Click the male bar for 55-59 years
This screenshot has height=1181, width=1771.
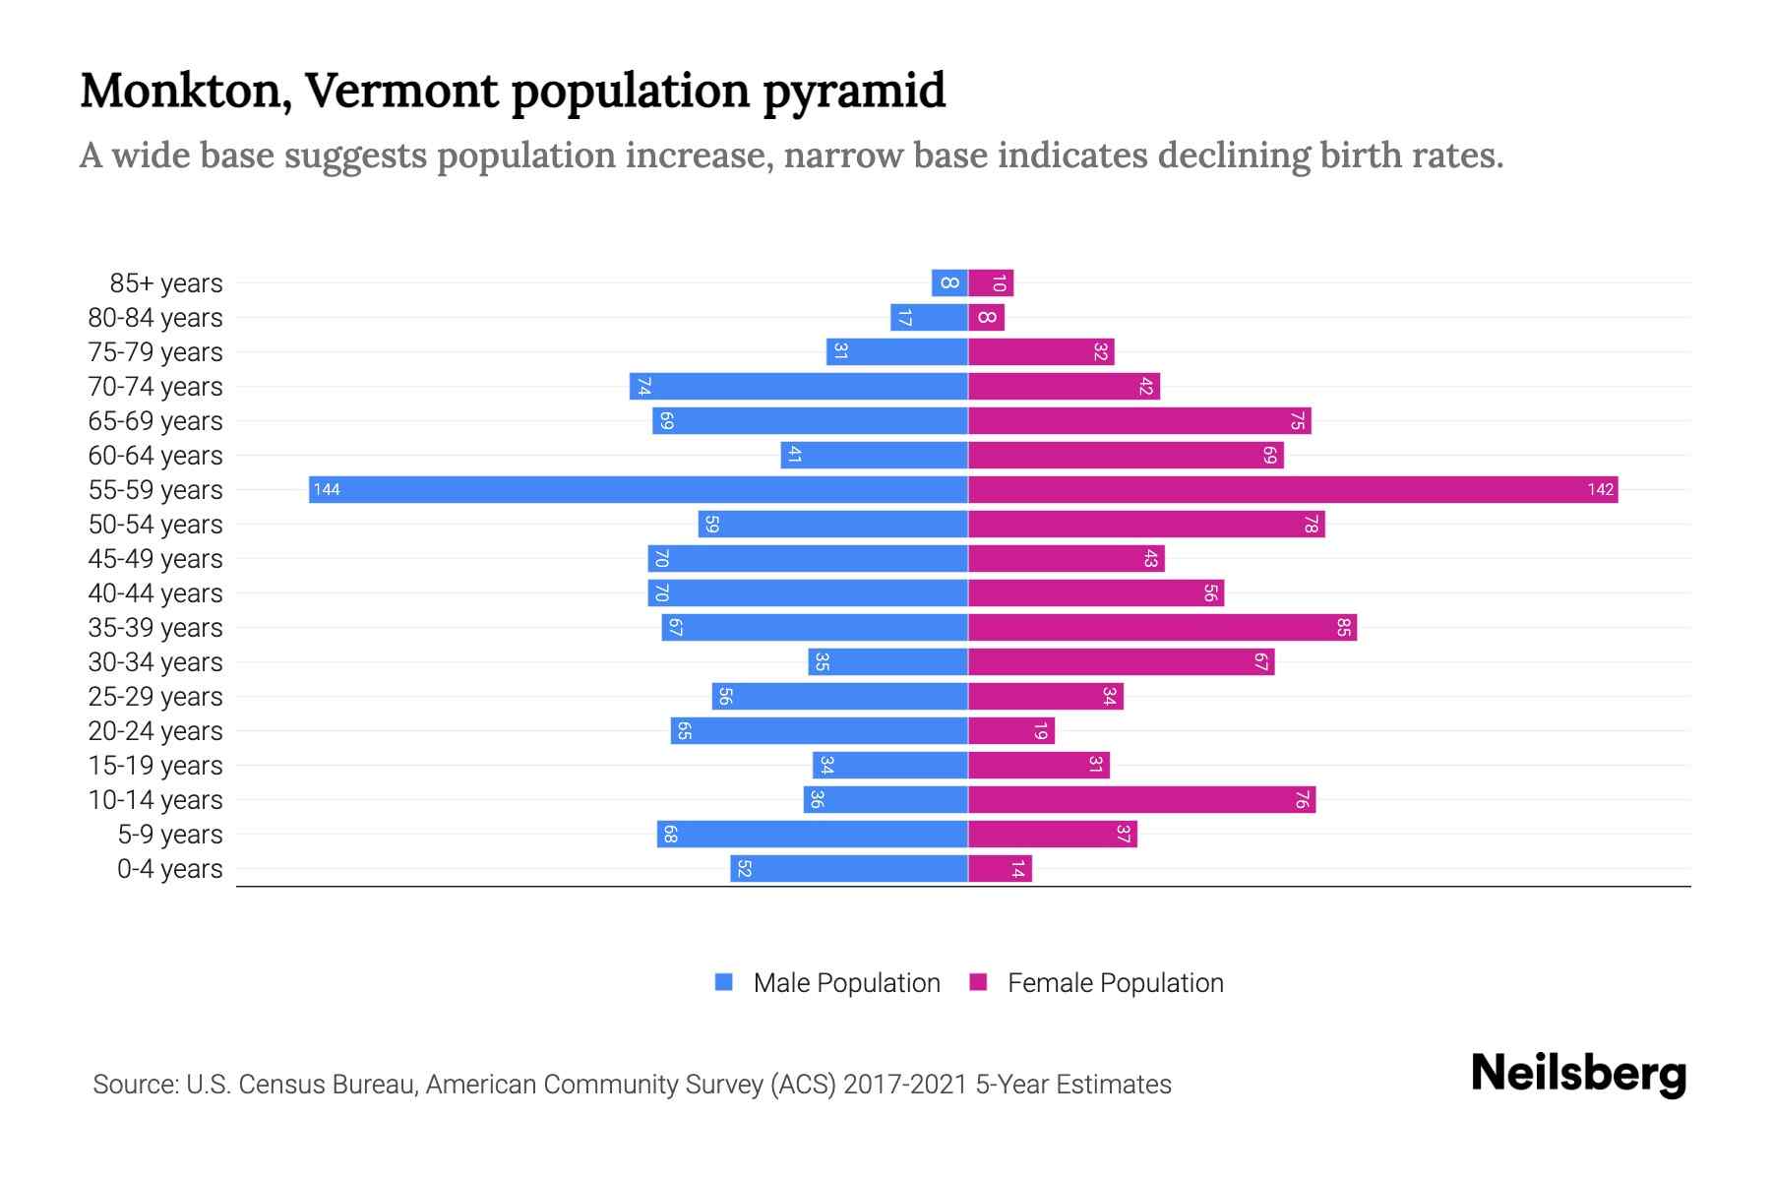(638, 490)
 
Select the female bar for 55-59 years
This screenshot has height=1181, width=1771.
(1293, 490)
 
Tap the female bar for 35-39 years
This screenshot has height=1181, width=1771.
(1162, 628)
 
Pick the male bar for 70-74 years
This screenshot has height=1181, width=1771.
(798, 387)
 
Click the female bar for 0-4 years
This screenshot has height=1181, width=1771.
(1000, 869)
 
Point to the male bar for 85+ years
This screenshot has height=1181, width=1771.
(949, 283)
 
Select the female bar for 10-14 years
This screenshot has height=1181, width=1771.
(1141, 800)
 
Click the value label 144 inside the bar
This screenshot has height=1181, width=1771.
(327, 490)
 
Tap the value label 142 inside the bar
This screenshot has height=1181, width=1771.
(1600, 490)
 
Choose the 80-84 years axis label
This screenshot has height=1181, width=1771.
(155, 318)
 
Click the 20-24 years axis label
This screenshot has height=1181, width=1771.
(155, 731)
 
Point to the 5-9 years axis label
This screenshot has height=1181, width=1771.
(169, 835)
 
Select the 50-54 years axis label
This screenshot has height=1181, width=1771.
(155, 525)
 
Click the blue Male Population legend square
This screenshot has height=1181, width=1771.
(724, 982)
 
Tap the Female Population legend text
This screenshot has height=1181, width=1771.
(1115, 983)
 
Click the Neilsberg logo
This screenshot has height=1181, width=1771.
(1578, 1074)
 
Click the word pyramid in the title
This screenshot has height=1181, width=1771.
(853, 92)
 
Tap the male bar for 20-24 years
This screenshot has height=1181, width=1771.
(819, 731)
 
